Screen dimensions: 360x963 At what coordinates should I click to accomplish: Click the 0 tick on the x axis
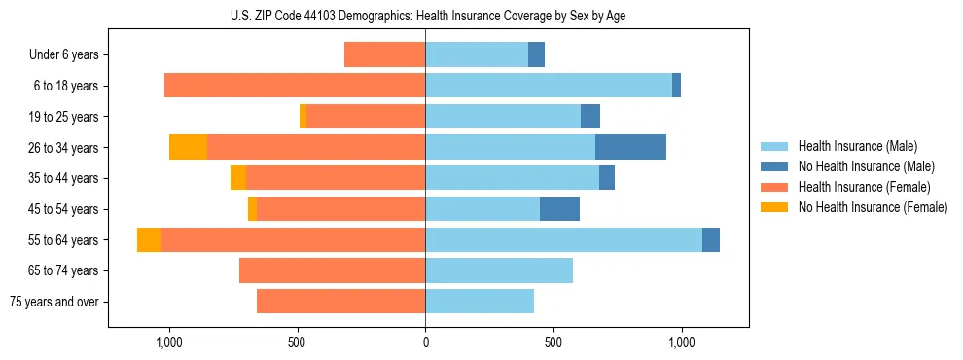(425, 342)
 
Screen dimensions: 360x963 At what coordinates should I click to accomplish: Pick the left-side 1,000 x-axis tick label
(169, 342)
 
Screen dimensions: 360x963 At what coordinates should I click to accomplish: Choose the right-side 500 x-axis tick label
(553, 342)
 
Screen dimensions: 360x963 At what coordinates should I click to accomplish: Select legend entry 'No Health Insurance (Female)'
(873, 207)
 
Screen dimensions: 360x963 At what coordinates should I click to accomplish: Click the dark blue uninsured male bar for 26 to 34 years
(630, 148)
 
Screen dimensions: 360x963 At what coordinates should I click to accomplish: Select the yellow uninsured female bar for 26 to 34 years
(188, 148)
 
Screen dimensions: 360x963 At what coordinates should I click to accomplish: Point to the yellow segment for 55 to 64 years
(149, 240)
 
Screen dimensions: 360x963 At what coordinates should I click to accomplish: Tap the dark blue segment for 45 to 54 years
(559, 209)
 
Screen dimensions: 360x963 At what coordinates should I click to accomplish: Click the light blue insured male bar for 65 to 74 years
(499, 270)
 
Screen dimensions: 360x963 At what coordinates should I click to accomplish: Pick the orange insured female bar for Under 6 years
(384, 55)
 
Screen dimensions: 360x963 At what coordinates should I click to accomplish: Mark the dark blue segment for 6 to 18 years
(676, 86)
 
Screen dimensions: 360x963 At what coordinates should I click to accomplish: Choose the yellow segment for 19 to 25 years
(303, 117)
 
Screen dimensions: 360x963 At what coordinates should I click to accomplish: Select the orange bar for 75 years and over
(340, 302)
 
